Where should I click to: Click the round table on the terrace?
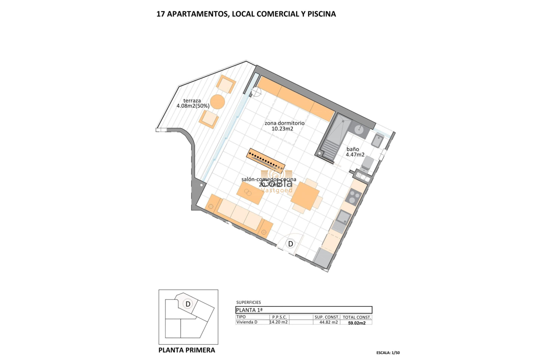217,102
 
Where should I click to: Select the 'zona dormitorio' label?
284,123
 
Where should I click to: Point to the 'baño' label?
353,149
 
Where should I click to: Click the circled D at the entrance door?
291,244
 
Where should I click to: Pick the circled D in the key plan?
187,304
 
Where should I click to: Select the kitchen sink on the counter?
343,217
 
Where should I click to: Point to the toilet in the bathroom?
368,162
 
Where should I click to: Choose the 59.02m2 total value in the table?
356,323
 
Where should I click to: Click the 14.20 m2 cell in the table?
279,322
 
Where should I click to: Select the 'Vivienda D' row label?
248,322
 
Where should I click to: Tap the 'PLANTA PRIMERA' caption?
187,350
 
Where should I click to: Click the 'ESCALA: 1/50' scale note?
388,353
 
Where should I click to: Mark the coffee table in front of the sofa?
251,193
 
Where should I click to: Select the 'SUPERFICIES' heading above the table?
249,303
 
